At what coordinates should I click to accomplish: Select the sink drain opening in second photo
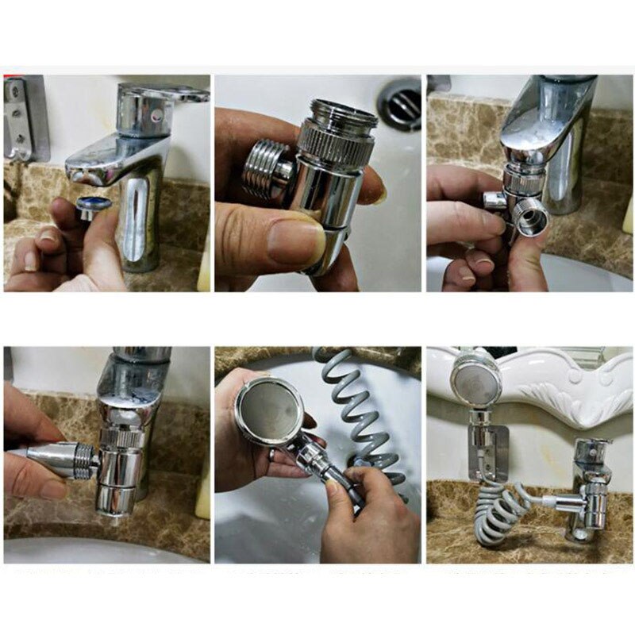click(x=399, y=102)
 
